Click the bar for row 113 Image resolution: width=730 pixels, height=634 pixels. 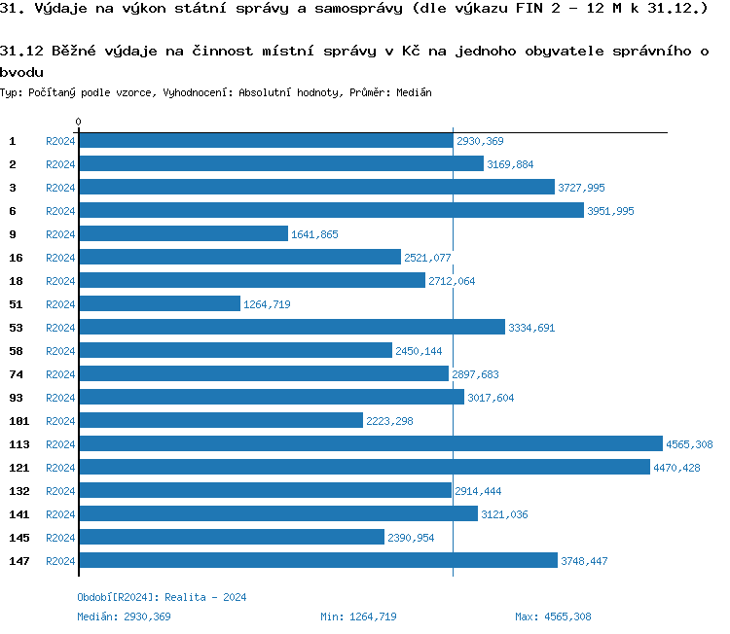(370, 443)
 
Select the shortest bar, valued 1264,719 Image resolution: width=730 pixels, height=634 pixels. (159, 303)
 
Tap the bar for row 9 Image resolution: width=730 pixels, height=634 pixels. (183, 233)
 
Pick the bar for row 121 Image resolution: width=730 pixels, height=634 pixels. (364, 467)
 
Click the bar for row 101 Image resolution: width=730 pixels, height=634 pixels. (220, 420)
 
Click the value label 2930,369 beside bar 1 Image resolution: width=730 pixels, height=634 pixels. (480, 141)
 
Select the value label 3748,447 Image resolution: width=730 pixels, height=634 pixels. (584, 561)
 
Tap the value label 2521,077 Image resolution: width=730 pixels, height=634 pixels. (427, 258)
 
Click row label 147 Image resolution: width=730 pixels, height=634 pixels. (18, 560)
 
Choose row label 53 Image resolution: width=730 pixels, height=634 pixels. (15, 327)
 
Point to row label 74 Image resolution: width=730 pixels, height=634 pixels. (15, 373)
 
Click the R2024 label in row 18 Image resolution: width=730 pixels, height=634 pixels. (60, 281)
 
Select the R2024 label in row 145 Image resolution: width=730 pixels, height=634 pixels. (60, 538)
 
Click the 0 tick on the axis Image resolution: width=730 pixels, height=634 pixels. (78, 122)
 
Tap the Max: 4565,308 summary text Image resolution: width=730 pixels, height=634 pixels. (553, 616)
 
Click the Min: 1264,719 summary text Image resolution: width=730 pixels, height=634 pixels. (358, 616)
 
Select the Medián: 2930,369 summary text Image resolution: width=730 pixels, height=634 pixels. (124, 616)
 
